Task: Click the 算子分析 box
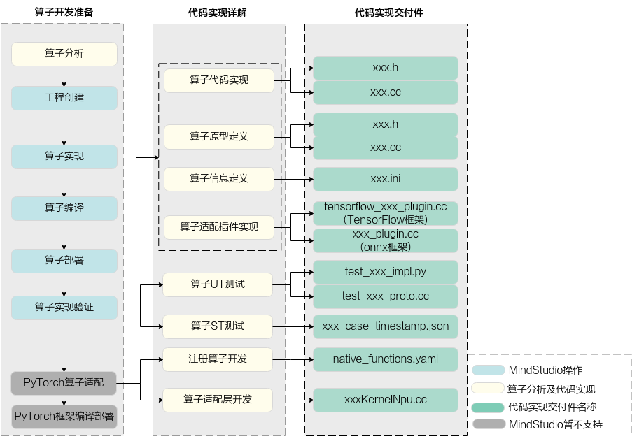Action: [64, 54]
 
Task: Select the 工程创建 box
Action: [64, 98]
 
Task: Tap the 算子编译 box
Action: [64, 208]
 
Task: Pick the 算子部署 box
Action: [64, 261]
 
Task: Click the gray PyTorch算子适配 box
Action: [64, 383]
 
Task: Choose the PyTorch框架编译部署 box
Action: [64, 417]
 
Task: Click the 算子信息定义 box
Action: [219, 179]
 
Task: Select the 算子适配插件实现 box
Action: [219, 227]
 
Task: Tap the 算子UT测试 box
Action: [218, 284]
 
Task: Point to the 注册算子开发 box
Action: [218, 359]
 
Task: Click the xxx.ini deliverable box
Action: [386, 179]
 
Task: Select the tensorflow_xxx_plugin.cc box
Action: [386, 213]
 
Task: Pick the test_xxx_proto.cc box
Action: [386, 296]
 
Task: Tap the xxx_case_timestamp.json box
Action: [386, 326]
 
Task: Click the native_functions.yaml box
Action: [386, 359]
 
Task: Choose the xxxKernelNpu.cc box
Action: [386, 400]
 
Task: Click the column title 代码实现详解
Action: [217, 13]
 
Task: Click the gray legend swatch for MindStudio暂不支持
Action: [489, 424]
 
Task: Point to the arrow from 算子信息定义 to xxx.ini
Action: [293, 179]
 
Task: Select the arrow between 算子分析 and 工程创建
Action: [64, 76]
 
